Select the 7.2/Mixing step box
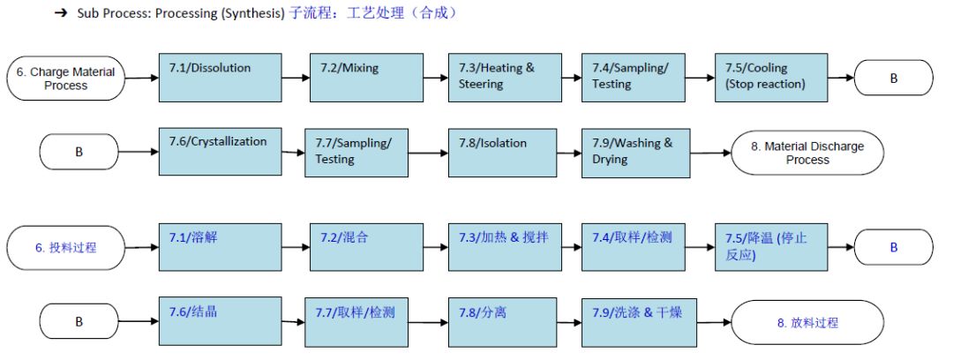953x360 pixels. [349, 78]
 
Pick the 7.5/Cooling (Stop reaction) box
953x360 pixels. [770, 78]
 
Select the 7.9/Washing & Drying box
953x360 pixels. [634, 151]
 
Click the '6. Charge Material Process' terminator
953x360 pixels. [65, 79]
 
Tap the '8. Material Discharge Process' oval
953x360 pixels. [807, 153]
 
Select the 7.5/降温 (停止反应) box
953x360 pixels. [770, 246]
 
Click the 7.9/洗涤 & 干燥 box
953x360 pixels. [634, 320]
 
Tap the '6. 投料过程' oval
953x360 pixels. [65, 248]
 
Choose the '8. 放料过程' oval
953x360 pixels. [807, 322]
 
